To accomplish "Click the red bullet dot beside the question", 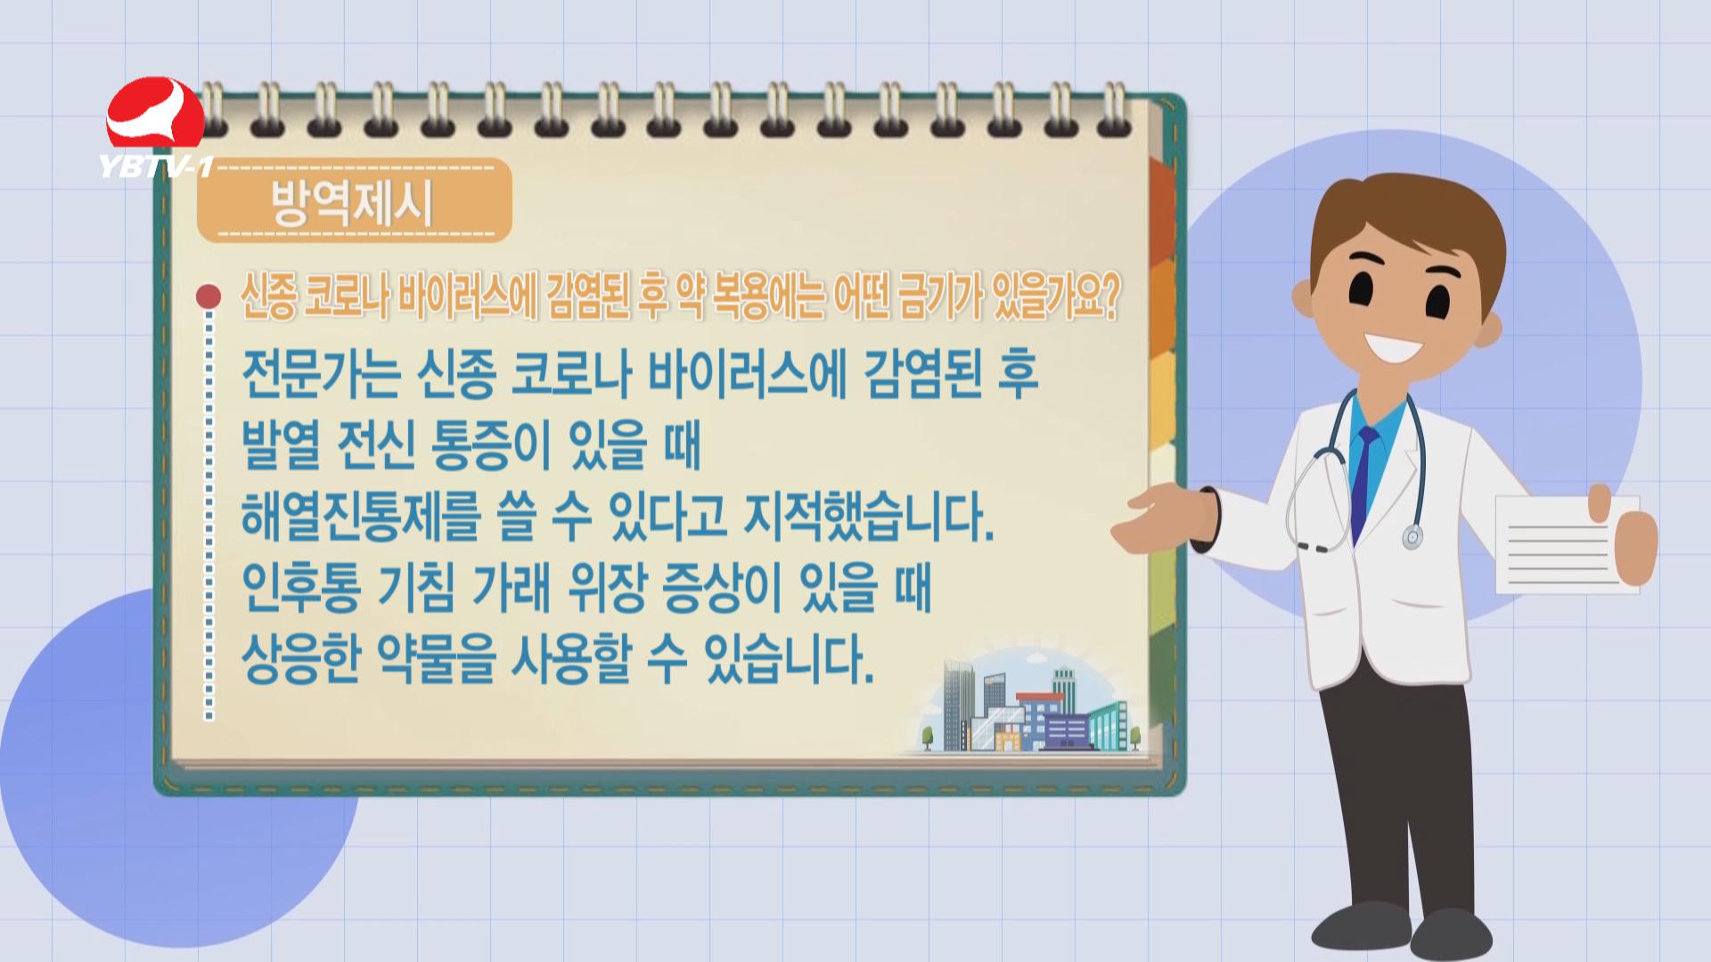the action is (x=209, y=296).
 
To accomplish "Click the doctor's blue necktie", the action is (x=1363, y=481).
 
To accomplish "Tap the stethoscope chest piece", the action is (x=1412, y=537).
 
